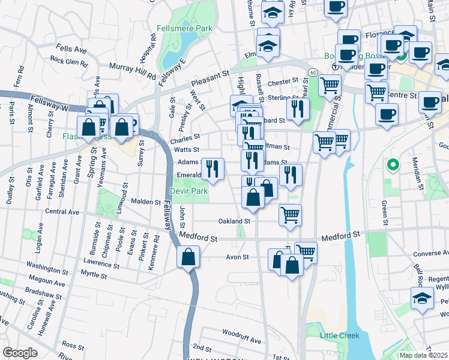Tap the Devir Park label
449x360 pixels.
(188, 191)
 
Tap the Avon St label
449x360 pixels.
(237, 257)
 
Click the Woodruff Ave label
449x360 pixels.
(239, 332)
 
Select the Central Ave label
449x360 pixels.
(62, 212)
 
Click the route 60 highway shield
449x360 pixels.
(313, 72)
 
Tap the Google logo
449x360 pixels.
(20, 353)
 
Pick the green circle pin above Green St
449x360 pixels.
(393, 164)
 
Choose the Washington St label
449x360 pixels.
(49, 265)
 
